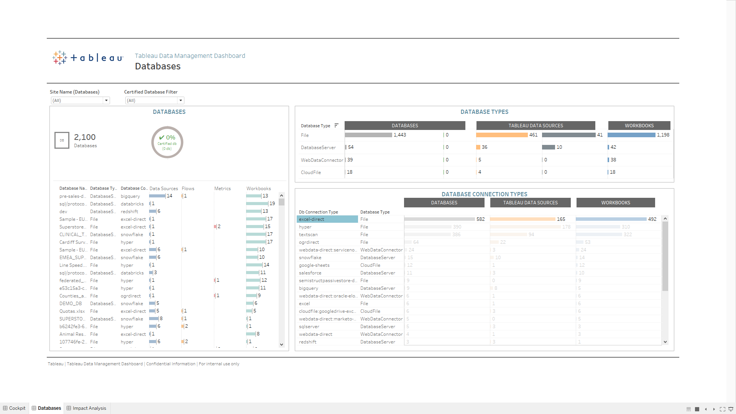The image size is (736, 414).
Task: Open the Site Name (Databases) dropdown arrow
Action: pos(106,100)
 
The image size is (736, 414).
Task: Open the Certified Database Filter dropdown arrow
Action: pos(181,100)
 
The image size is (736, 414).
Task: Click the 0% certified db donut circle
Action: pos(167,142)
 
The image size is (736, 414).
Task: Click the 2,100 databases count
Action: pos(85,137)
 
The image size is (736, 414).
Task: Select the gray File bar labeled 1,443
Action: pos(368,135)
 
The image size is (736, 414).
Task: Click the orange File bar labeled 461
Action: pos(502,135)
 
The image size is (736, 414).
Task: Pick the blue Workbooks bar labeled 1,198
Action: pos(631,135)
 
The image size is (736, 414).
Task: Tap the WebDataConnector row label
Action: pos(322,160)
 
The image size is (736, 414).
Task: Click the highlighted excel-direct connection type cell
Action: pos(327,219)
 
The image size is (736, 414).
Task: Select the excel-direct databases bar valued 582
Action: pos(439,219)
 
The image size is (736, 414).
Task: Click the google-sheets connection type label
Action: pos(314,265)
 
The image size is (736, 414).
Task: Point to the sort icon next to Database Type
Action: pos(336,125)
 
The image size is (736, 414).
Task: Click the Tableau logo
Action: pos(88,58)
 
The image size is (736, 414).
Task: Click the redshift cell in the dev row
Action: pos(129,212)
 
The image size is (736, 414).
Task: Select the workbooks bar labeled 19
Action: pos(257,204)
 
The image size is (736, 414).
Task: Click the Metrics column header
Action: pos(222,189)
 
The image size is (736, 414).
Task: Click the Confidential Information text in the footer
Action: pos(171,364)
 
